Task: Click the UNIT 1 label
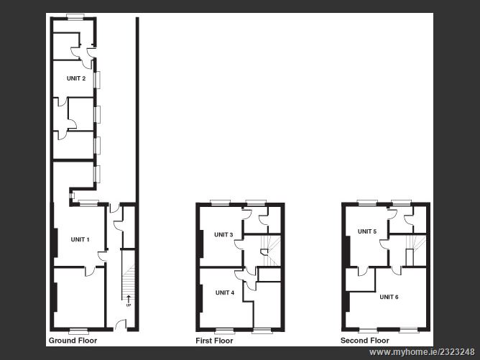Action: [80, 239]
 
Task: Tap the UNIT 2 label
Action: [76, 78]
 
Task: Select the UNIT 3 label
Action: [223, 235]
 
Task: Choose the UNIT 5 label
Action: [367, 231]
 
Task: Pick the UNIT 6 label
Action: [389, 296]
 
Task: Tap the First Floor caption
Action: [215, 341]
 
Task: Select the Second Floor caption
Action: [365, 341]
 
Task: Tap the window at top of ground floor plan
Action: [72, 17]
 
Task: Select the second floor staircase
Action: [410, 255]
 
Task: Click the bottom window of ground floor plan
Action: [78, 330]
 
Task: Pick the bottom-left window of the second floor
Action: [369, 330]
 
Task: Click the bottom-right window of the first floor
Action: [262, 330]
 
